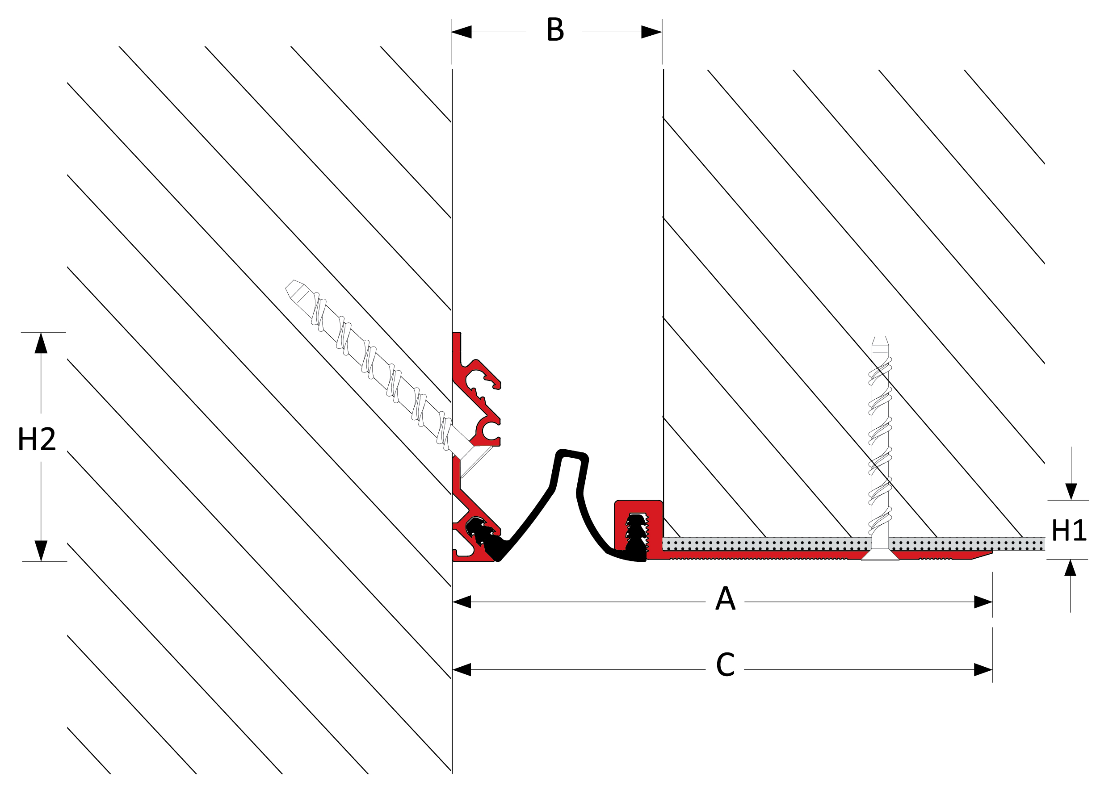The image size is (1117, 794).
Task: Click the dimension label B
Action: [555, 29]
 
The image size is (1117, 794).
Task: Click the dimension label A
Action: [725, 598]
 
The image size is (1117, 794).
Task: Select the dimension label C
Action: [725, 664]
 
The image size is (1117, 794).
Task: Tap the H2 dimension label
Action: [37, 439]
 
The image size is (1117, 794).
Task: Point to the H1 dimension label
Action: [1069, 531]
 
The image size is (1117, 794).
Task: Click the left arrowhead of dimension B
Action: [461, 32]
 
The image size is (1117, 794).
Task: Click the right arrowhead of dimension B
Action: [651, 32]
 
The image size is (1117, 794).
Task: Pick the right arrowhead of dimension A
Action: [983, 602]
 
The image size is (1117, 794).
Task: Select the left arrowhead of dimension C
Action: [462, 669]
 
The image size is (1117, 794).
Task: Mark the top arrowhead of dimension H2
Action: [41, 343]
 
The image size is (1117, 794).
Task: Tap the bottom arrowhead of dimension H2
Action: [41, 551]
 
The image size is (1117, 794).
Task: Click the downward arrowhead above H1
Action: [1071, 491]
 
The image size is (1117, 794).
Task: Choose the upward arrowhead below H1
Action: [1070, 568]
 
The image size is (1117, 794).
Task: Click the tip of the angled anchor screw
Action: [290, 285]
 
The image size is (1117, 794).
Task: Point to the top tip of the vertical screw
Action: [879, 337]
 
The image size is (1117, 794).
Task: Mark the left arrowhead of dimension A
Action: [462, 602]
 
